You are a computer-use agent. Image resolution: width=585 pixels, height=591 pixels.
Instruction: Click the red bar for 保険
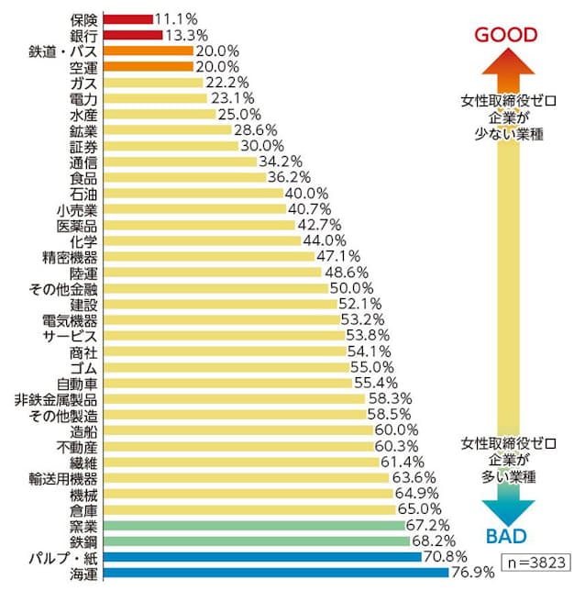pos(127,19)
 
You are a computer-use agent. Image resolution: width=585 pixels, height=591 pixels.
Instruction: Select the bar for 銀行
pos(132,36)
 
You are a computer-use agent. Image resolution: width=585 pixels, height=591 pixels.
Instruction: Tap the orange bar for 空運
pos(148,67)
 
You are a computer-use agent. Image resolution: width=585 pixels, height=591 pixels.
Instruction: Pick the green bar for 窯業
pos(253,526)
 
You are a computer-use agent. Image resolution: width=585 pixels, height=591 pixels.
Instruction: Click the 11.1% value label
pos(176,19)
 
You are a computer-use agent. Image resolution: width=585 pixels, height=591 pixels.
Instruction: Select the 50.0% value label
pos(352,288)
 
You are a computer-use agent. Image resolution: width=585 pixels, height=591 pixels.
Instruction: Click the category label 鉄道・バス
pos(63,51)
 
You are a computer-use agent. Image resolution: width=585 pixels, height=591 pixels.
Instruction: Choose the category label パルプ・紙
pos(66,558)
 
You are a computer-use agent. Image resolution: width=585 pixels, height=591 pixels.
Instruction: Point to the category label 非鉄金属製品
pos(56,399)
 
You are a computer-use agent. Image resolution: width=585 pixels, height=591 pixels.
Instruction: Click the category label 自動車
pos(77,384)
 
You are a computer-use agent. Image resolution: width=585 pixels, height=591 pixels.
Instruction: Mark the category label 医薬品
pos(77,225)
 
